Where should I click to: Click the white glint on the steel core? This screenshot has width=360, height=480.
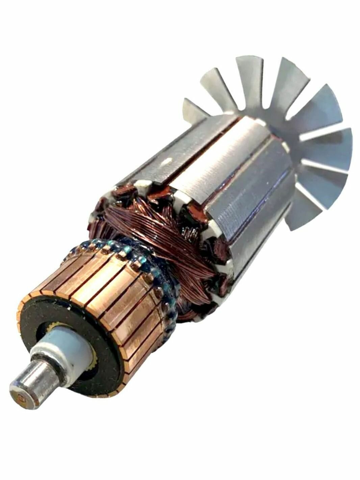pos(166,163)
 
